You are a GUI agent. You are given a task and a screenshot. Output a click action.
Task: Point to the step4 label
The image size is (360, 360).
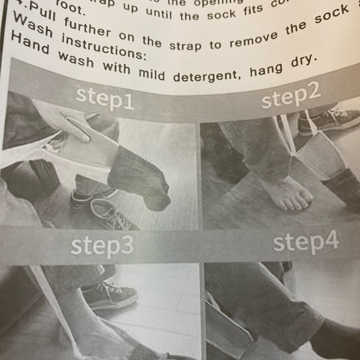click(x=306, y=242)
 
